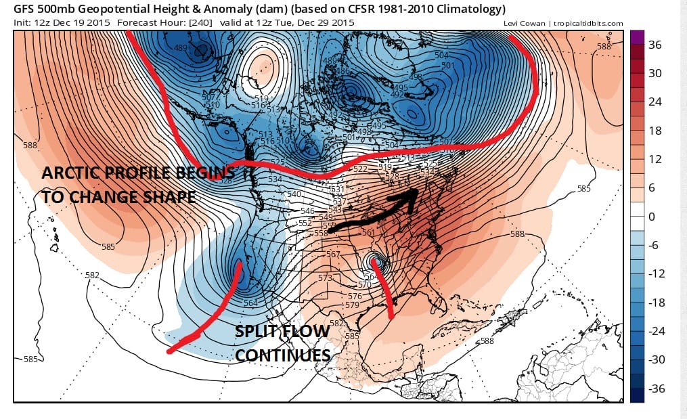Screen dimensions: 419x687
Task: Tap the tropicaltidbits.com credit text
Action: (587, 24)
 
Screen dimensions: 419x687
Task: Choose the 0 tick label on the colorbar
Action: (652, 217)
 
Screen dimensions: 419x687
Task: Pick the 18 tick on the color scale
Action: (655, 131)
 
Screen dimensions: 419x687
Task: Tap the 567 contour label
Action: (333, 255)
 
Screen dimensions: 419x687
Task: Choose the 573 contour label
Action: (326, 278)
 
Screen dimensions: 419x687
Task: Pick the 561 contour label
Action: (368, 233)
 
